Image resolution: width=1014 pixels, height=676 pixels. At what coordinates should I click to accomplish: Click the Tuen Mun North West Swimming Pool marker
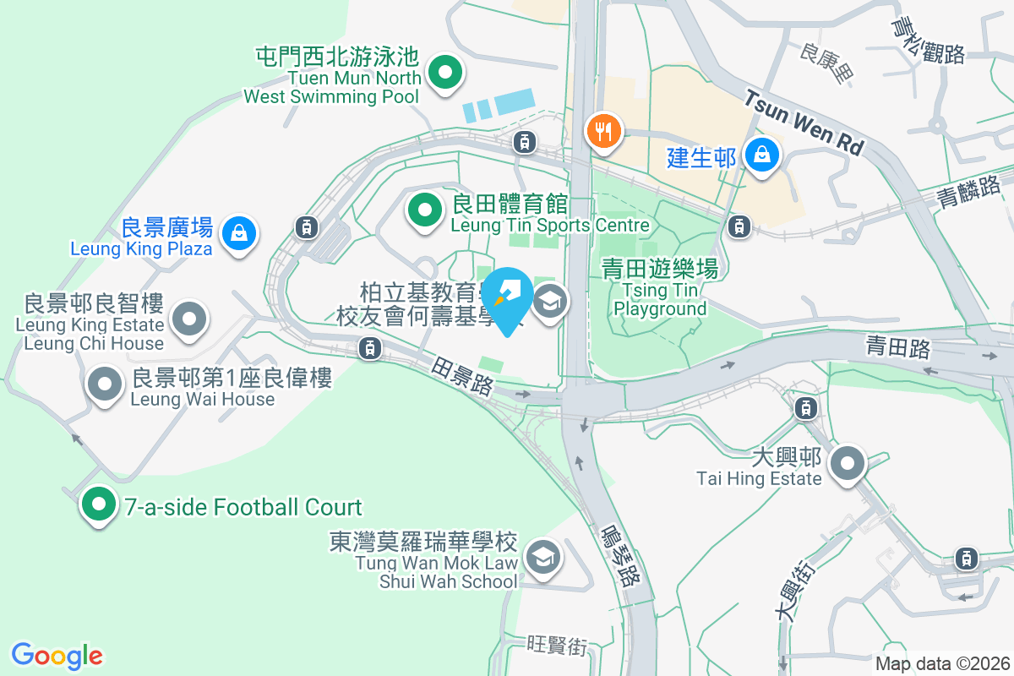(444, 73)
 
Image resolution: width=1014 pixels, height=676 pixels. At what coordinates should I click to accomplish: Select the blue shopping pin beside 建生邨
(762, 155)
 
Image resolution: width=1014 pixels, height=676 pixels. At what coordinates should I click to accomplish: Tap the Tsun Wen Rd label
(802, 123)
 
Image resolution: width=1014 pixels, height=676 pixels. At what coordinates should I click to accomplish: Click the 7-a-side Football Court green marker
(99, 505)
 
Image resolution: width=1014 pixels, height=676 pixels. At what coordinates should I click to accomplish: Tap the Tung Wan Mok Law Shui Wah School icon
(541, 557)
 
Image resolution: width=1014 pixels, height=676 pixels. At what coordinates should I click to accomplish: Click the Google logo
(57, 656)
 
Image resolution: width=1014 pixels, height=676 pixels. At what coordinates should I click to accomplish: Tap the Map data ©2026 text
(941, 663)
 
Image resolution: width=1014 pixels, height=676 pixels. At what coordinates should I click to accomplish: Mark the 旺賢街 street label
(556, 646)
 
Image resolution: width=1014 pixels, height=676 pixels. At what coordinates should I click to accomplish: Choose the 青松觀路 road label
(929, 40)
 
